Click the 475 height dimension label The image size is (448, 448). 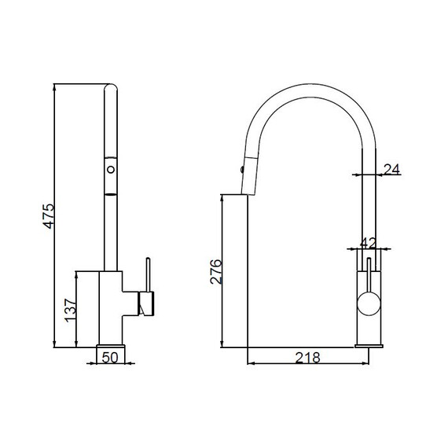(49, 216)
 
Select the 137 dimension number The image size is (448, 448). (70, 310)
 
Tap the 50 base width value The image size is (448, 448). (110, 358)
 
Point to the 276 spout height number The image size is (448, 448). (215, 271)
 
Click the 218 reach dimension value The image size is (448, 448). (308, 358)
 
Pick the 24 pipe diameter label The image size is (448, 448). (391, 170)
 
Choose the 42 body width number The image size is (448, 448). (368, 244)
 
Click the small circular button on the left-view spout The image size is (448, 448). (111, 170)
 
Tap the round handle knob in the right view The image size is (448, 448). (369, 303)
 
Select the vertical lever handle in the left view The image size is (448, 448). (148, 275)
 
